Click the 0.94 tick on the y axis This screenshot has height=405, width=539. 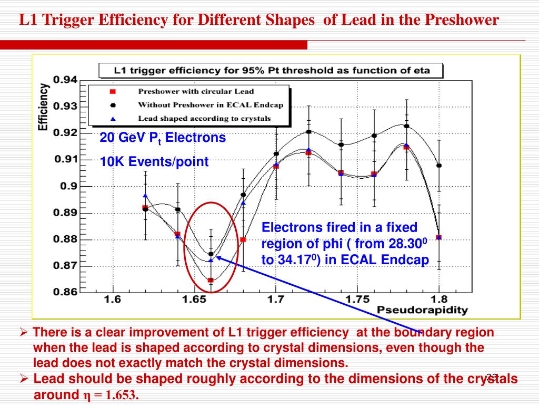pos(64,80)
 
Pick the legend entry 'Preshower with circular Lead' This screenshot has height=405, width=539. pos(195,91)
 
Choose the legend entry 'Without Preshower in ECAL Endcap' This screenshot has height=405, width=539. pos(210,104)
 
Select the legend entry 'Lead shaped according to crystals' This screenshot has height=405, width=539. pos(204,118)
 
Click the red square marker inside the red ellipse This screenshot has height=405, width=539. pos(211,280)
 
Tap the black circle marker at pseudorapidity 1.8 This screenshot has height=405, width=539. pos(439,166)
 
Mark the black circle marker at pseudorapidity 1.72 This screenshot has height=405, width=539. pos(308,132)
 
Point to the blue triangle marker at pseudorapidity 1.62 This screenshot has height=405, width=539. pos(145,196)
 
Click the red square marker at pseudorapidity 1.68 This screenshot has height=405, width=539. pos(243,239)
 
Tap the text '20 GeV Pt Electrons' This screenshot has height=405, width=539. pos(163,138)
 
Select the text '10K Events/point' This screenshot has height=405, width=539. pos(154,162)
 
